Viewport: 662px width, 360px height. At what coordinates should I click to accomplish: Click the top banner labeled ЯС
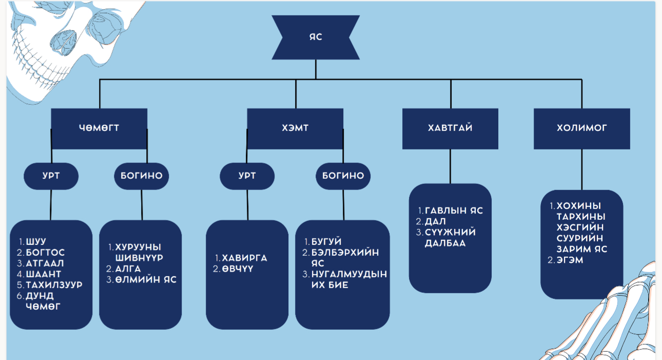pos(316,37)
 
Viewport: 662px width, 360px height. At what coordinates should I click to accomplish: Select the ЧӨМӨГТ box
pos(99,128)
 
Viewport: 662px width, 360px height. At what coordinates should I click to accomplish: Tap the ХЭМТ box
pos(295,128)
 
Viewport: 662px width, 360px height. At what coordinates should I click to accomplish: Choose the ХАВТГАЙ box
pos(450,128)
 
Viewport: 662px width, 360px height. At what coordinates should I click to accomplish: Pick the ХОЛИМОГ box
pos(581,128)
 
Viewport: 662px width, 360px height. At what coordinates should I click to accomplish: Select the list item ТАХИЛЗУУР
pos(54,285)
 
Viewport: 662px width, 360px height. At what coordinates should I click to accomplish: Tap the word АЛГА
pos(128,269)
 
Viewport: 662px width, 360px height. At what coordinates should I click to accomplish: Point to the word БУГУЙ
pos(326,241)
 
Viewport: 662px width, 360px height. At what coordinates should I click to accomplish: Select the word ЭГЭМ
pos(570,260)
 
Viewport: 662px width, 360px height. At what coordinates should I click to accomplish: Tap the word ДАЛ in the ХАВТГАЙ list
pos(435,221)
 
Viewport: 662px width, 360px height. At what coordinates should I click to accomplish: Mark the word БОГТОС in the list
pos(45,252)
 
